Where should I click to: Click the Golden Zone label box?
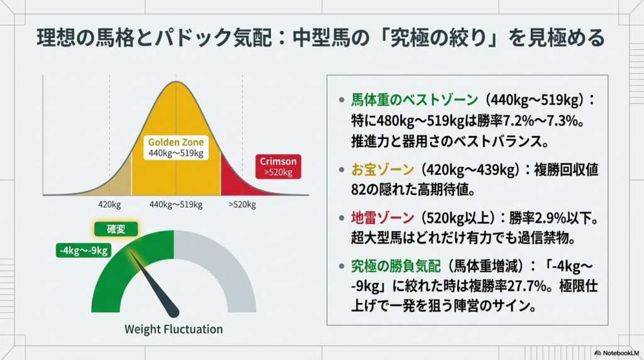176,147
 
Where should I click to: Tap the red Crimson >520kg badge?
278,166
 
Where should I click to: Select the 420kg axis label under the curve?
109,205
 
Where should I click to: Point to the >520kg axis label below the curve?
242,205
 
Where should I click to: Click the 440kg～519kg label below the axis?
176,205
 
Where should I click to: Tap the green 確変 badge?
116,229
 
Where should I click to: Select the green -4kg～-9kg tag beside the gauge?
84,250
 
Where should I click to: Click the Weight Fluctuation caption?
174,329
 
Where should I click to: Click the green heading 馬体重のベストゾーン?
414,99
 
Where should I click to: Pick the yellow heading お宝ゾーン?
382,169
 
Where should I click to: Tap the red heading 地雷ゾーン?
382,218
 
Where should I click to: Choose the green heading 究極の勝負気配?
396,266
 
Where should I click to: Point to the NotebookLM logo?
616,353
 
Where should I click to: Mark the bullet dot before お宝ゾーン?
341,169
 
